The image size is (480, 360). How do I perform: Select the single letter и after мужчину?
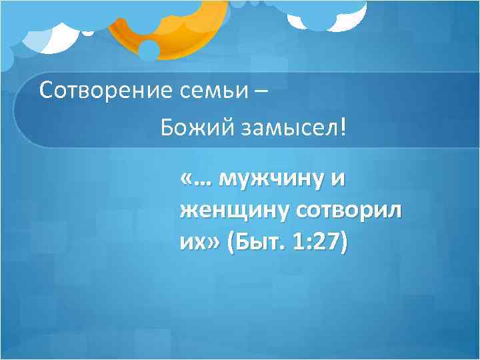(337, 179)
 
